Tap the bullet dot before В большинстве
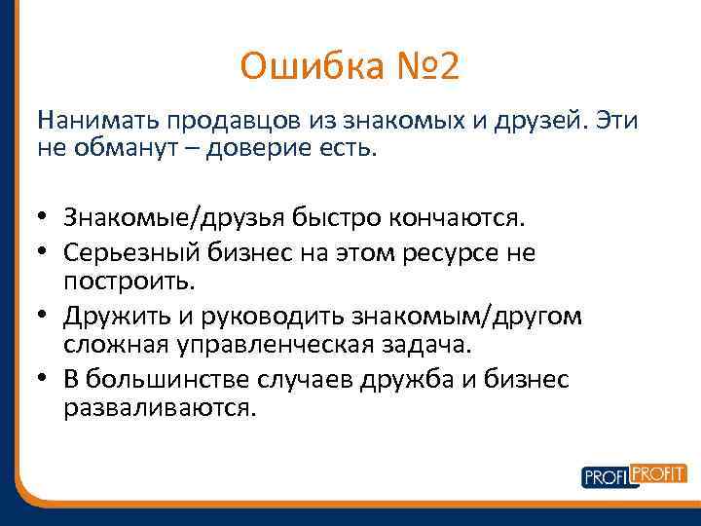pyautogui.click(x=45, y=380)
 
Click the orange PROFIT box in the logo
pyautogui.click(x=659, y=472)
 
